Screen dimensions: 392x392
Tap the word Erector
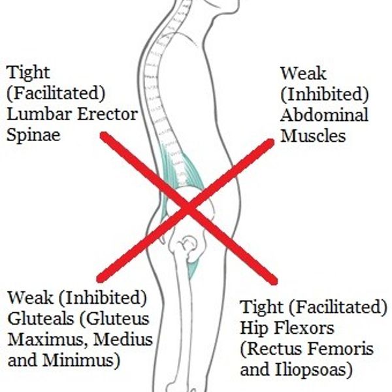103,115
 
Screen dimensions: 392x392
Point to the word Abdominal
324,116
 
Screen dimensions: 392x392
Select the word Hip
253,328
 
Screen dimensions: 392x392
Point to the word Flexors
300,328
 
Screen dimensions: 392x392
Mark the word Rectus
272,349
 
